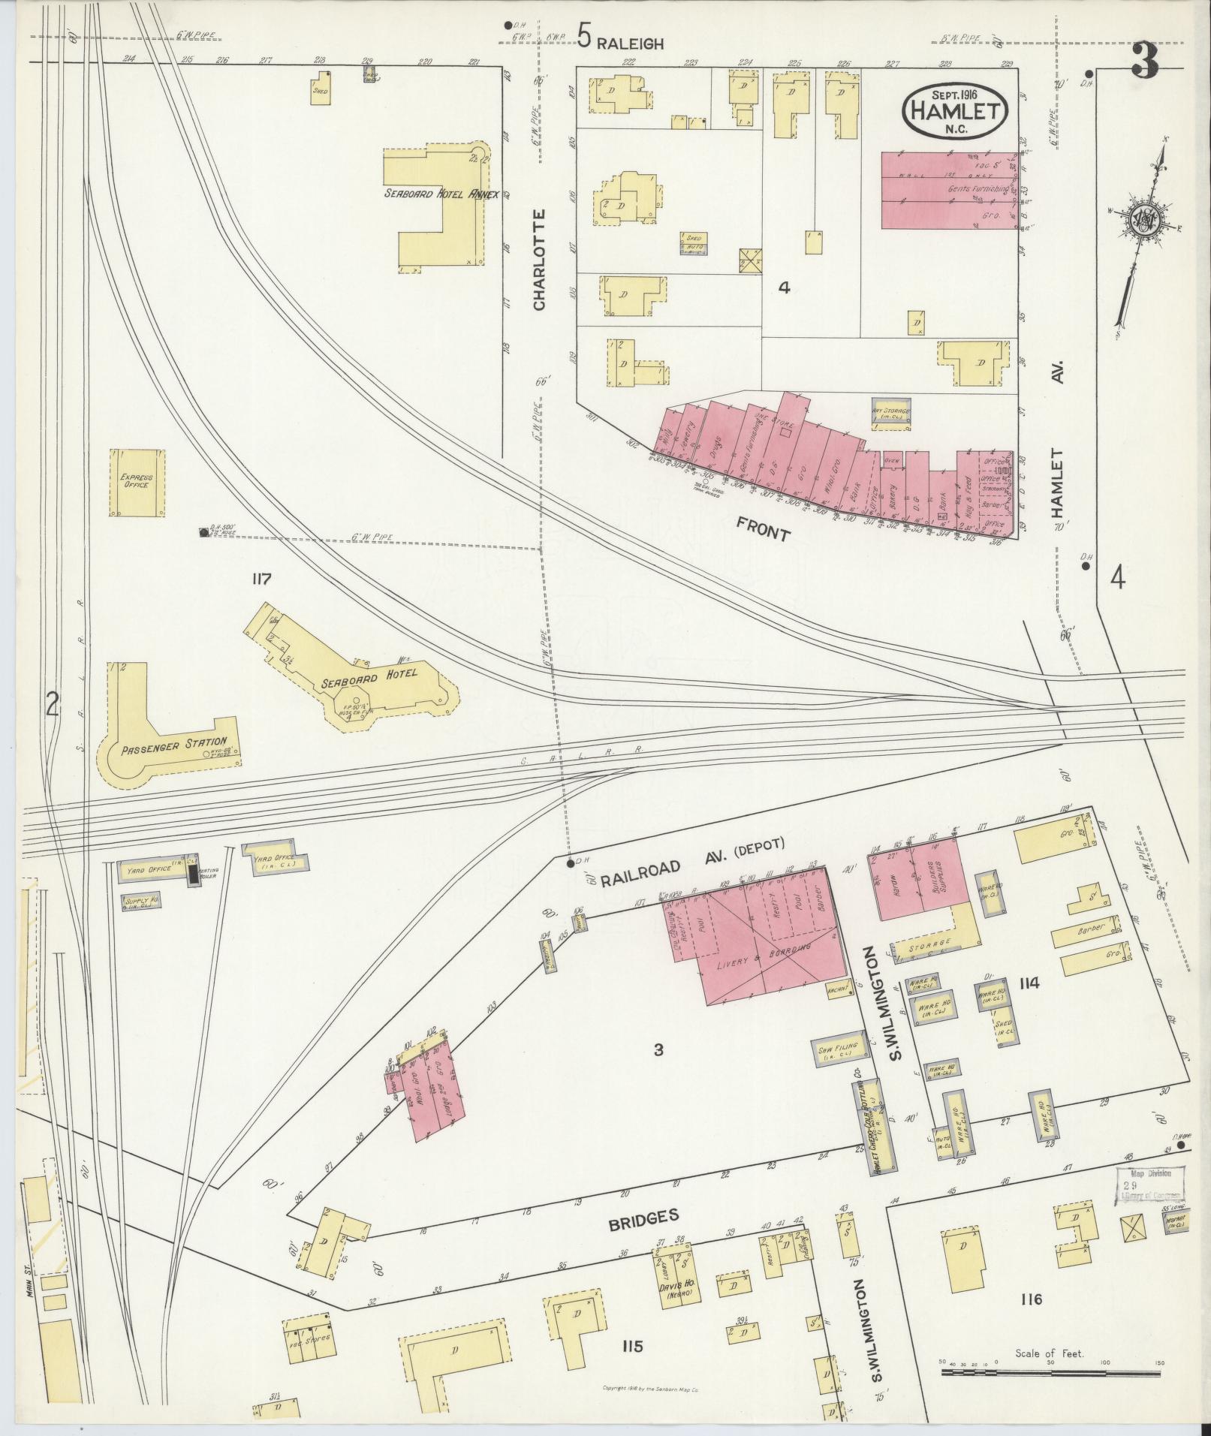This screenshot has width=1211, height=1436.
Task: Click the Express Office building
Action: pos(137,482)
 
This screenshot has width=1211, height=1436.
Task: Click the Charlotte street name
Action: pos(539,260)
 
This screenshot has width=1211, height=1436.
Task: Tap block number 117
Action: pos(261,579)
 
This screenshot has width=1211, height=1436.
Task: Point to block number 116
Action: pos(1032,1299)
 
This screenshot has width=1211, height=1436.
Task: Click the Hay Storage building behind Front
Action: pos(891,414)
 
